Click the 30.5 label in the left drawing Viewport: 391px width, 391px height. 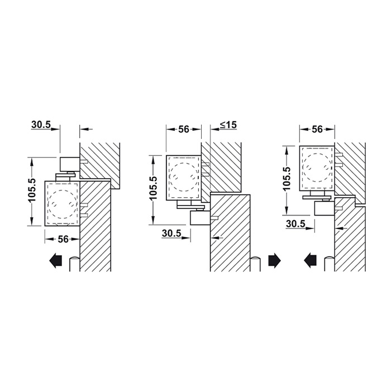pos(41,125)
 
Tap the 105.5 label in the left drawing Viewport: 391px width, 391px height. pos(32,190)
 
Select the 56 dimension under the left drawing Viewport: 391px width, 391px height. pos(63,239)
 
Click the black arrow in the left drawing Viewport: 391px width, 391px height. pos(56,261)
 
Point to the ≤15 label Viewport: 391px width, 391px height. pos(228,125)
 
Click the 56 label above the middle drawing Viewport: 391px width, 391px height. pos(184,130)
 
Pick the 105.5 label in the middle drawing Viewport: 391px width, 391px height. pos(154,188)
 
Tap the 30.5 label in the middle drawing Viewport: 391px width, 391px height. pos(171,233)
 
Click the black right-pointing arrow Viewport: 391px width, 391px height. pos(275,261)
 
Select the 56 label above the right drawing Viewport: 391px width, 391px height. pos(317,129)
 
